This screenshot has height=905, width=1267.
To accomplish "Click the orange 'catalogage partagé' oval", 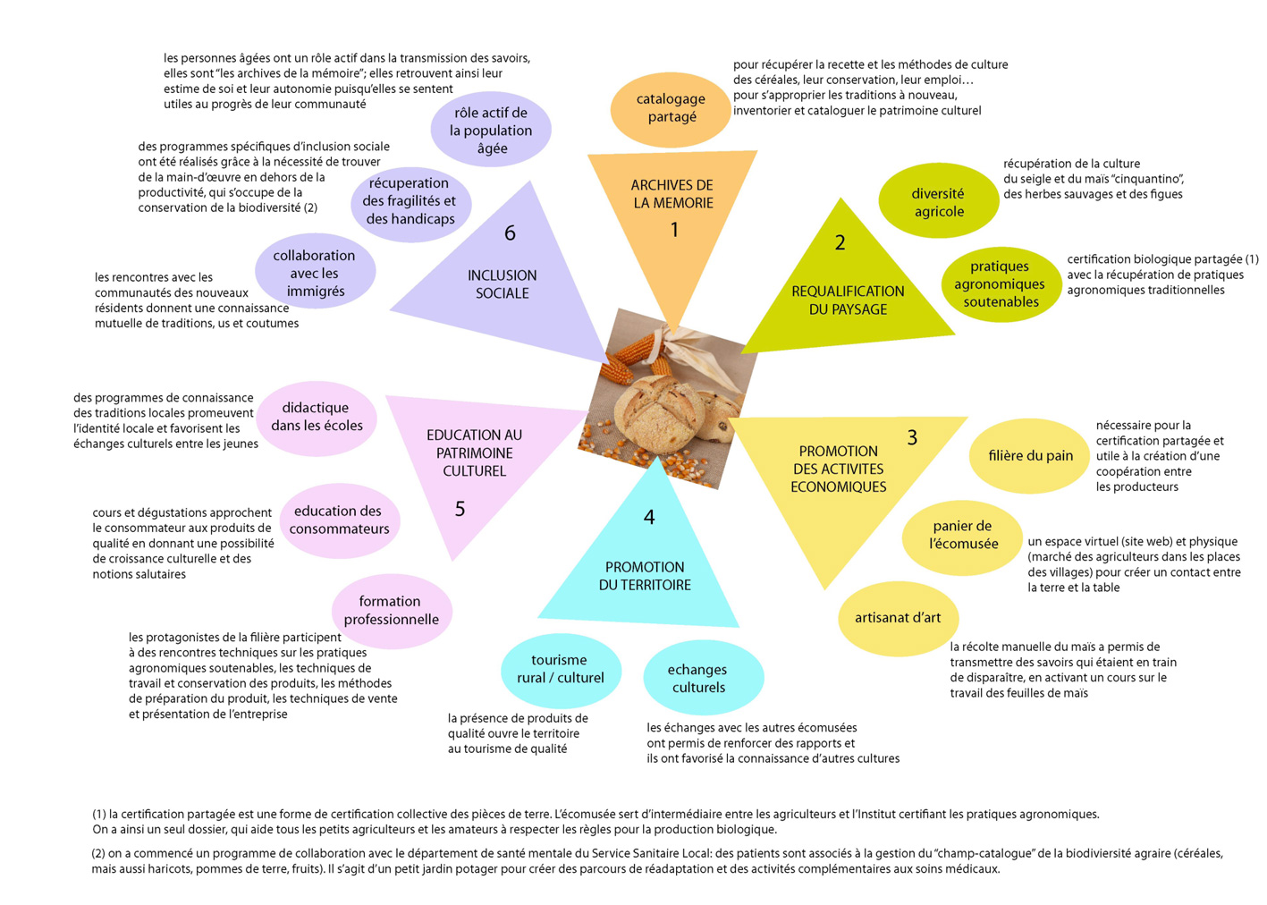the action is pos(671,109).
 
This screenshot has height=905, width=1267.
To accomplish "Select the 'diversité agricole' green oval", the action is pos(939,200).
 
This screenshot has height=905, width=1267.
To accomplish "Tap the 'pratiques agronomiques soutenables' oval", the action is pos(1001,284).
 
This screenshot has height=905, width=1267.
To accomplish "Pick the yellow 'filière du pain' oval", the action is pos(1029,456).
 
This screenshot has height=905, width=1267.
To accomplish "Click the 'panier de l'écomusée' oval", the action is pos(962,537).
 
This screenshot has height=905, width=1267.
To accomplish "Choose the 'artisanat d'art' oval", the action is pos(899,619).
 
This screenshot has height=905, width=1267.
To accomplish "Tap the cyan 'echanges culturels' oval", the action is pos(704,678).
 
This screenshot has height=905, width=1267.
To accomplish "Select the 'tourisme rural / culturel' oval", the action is pos(562,671).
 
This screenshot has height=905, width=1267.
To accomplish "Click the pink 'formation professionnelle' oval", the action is pos(392,612).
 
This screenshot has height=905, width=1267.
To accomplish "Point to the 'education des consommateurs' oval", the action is pos(340,521).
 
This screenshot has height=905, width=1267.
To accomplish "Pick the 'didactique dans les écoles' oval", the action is pos(317,419).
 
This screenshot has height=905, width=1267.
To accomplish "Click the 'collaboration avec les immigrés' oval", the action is pos(315,271).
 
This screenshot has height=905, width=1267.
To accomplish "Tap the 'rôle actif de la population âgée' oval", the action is pos(491,129).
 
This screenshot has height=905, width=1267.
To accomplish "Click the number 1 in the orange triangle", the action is pos(674,230).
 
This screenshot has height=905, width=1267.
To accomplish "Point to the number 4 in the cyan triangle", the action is pos(649,517).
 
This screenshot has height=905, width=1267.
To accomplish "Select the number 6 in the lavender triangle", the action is pos(510,233).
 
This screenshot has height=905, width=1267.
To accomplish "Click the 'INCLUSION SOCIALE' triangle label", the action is pos(503,284).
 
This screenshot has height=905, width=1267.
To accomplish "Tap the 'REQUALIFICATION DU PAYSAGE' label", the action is pos(848,300).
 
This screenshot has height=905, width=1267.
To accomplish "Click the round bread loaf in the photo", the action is pos(660,413).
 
